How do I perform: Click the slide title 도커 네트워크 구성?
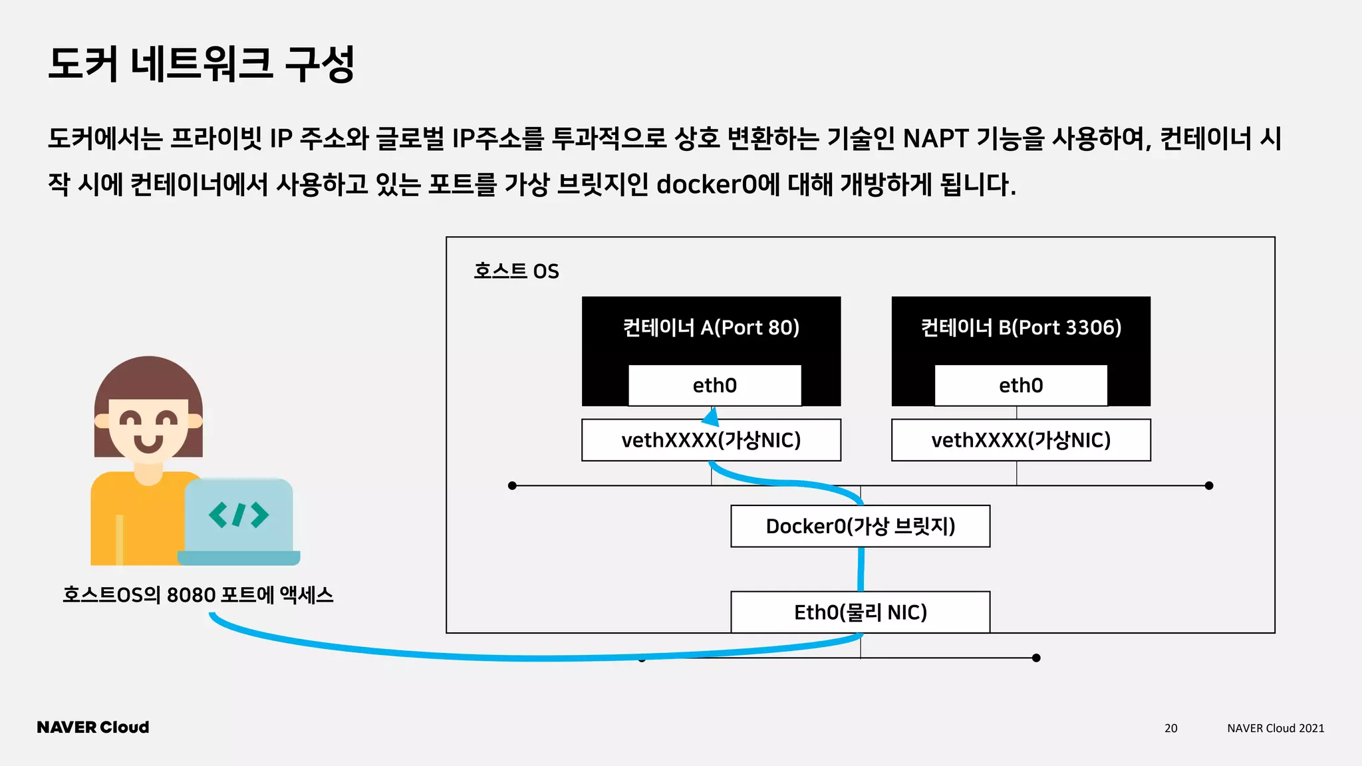point(201,64)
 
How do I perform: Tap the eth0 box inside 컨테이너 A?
point(714,385)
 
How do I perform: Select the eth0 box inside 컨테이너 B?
point(1020,385)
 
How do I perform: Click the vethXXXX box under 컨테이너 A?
point(711,440)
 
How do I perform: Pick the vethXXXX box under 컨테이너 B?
point(1020,440)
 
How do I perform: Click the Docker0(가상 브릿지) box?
point(860,526)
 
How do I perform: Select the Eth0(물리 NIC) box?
point(860,612)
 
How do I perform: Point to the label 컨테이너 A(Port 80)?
point(711,327)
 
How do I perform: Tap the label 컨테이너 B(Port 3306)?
point(1020,327)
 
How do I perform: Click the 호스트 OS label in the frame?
point(516,271)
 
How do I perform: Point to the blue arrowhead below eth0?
point(711,418)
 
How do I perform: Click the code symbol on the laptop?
point(239,515)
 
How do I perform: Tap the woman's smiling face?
point(148,429)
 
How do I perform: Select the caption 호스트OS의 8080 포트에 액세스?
point(198,594)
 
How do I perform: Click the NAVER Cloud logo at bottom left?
point(93,727)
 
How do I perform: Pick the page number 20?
point(1170,728)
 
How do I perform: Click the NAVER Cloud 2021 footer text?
point(1275,728)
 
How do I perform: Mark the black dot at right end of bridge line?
point(1208,486)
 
